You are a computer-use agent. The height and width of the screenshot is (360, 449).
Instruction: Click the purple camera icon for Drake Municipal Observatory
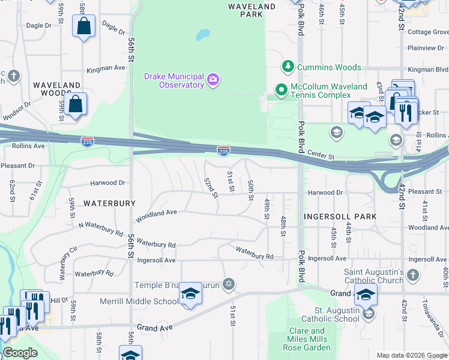click(x=212, y=80)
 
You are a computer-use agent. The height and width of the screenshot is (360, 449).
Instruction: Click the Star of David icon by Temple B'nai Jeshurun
click(x=228, y=283)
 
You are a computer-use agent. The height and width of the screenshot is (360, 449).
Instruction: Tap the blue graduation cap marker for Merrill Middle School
click(x=190, y=293)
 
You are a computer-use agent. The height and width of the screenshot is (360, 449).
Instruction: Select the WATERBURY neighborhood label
click(x=109, y=203)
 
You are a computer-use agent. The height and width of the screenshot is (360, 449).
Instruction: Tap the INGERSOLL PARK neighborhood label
click(x=340, y=216)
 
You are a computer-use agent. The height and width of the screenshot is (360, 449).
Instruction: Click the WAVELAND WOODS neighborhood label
click(x=56, y=89)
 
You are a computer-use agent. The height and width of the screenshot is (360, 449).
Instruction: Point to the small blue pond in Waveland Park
click(x=202, y=34)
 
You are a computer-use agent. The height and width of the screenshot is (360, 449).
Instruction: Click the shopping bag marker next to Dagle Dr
click(x=83, y=26)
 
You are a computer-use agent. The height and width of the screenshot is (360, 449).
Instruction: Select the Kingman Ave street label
click(x=106, y=68)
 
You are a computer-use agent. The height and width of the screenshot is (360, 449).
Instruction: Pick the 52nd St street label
click(x=209, y=187)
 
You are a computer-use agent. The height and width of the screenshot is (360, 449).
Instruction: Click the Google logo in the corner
click(x=20, y=353)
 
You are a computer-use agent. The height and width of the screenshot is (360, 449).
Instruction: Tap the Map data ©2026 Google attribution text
click(x=411, y=355)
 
